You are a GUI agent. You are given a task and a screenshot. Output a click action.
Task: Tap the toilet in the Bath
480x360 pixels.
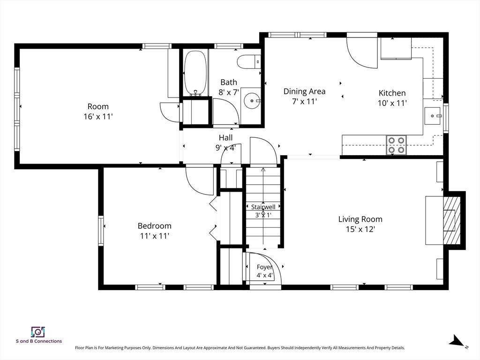[x=248, y=62]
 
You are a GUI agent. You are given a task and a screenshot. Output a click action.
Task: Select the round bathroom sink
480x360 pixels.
[x=252, y=100]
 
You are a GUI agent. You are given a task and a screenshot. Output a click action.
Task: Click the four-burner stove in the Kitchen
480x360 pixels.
[x=397, y=145]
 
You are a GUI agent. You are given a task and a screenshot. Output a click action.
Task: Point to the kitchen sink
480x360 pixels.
[x=432, y=116]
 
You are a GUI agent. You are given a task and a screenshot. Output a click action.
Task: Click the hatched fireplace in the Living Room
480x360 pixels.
[x=451, y=220]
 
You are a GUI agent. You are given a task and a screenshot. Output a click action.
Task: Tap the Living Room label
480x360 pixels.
[x=360, y=219]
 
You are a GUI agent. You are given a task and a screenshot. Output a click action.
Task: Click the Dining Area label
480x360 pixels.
[x=304, y=91]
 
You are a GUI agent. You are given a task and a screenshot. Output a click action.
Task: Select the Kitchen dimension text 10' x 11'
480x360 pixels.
[x=392, y=103]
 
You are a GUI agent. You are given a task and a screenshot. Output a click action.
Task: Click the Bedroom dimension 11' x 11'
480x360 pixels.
[x=155, y=236]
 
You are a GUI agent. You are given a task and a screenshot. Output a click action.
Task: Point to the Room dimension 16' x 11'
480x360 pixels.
[x=98, y=117]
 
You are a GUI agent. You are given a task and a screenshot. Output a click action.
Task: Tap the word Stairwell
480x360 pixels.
[x=263, y=207]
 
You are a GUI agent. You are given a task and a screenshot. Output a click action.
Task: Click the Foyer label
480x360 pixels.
[x=264, y=267]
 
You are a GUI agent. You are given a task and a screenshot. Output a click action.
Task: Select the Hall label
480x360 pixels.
[x=225, y=138]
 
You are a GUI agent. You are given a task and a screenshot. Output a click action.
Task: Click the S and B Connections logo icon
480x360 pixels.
[x=38, y=332]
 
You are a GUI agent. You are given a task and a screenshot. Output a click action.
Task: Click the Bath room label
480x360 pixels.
[x=229, y=82]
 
